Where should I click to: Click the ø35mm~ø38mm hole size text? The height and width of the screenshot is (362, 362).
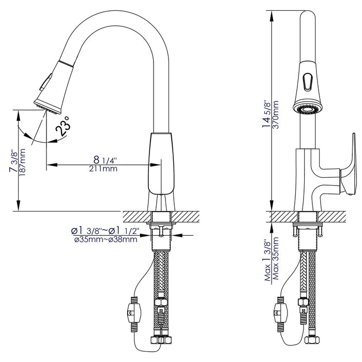click(x=105, y=239)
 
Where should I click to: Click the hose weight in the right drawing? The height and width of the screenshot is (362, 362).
click(x=281, y=312)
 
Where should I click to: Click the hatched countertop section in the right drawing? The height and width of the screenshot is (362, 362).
click(x=341, y=216)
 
